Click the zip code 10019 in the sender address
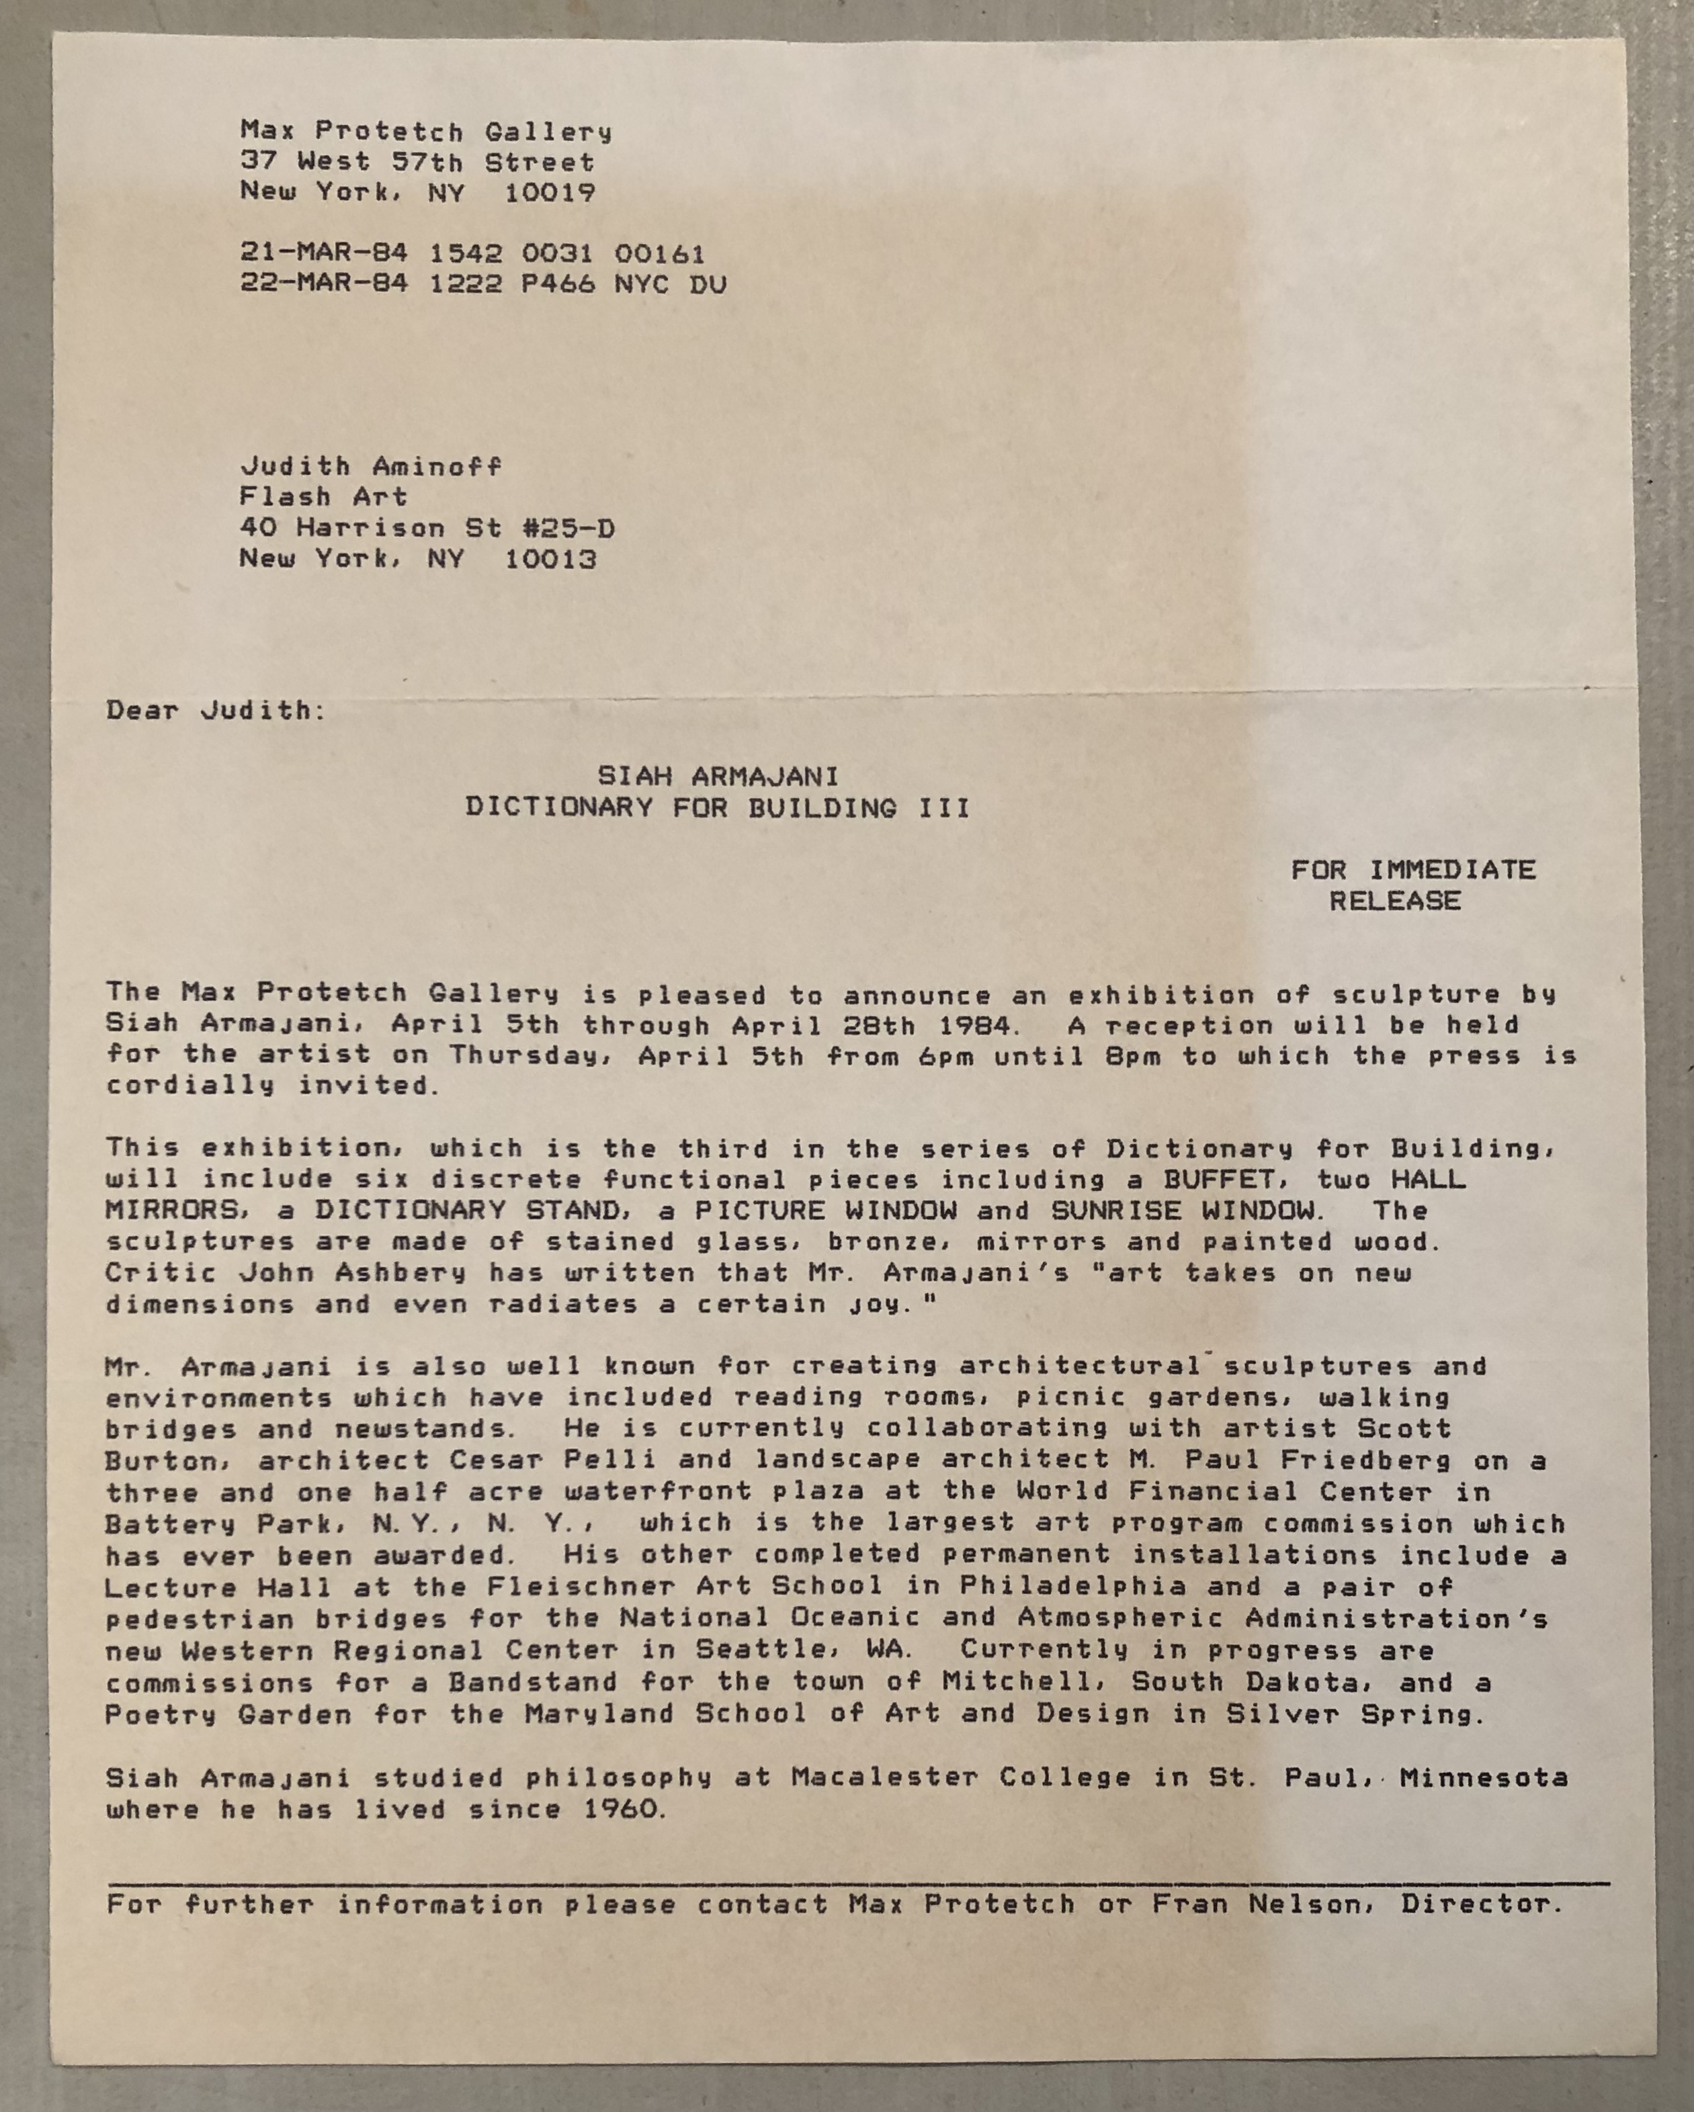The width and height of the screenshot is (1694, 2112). (550, 192)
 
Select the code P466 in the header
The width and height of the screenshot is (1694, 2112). (558, 284)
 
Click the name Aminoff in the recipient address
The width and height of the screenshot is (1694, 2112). (437, 466)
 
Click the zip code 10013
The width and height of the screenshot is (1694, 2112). (550, 560)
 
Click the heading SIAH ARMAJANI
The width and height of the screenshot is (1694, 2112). (718, 777)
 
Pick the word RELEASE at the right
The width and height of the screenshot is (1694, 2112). (1394, 901)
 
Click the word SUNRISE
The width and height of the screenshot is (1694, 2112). (1116, 1210)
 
